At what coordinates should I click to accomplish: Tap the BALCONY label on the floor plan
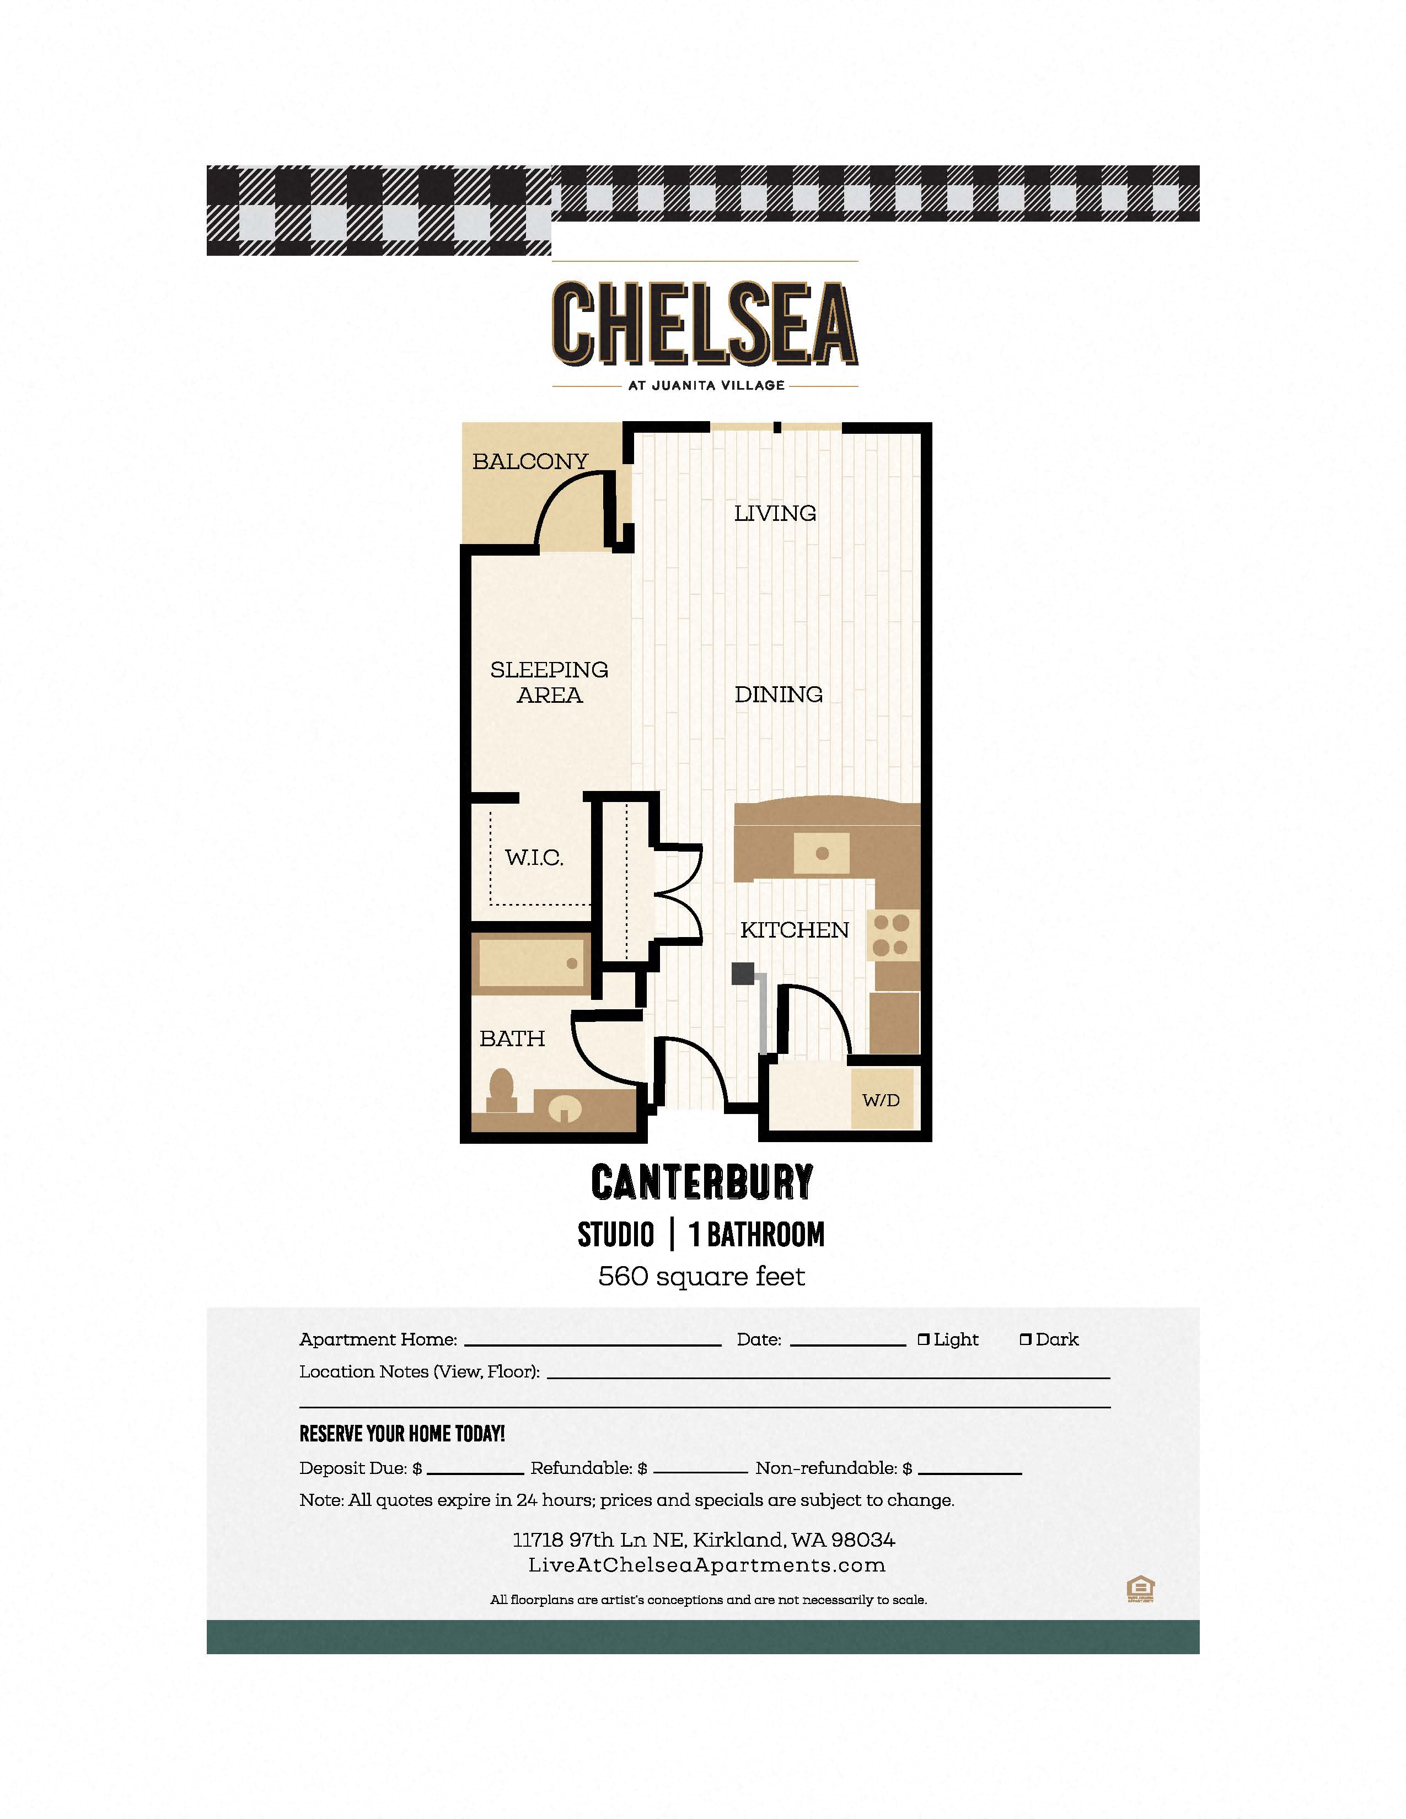[530, 461]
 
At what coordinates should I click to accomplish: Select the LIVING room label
[775, 513]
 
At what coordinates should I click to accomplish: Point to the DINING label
[778, 694]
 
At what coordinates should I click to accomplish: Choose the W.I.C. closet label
[534, 857]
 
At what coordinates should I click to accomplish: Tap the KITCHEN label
[795, 929]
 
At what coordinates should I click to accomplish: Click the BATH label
[512, 1038]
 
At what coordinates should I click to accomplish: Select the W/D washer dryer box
[881, 1100]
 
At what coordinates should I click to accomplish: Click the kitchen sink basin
[822, 853]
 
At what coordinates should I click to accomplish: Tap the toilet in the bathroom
[501, 1090]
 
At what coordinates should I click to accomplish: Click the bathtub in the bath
[530, 964]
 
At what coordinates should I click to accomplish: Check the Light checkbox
[923, 1339]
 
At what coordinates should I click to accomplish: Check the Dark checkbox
[1026, 1339]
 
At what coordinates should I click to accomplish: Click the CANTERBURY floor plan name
[702, 1182]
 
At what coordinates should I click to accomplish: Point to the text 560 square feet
[701, 1276]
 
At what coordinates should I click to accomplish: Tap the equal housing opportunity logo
[1140, 1589]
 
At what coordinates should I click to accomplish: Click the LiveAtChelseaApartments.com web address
[706, 1565]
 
